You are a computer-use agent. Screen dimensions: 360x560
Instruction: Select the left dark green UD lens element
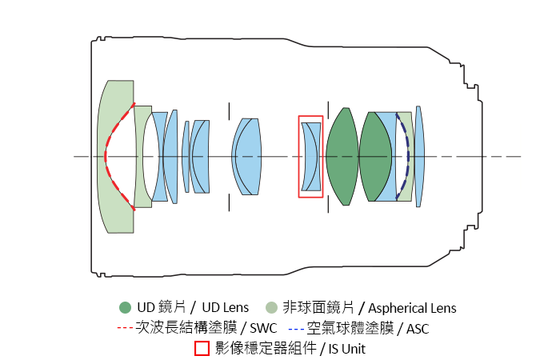pyautogui.click(x=342, y=157)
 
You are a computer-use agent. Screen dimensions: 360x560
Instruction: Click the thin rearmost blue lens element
pyautogui.click(x=419, y=157)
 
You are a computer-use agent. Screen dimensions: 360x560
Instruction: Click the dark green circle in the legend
pyautogui.click(x=125, y=308)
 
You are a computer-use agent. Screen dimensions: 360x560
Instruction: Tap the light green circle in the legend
pyautogui.click(x=272, y=308)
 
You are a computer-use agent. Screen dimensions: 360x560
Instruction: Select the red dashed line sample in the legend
pyautogui.click(x=126, y=328)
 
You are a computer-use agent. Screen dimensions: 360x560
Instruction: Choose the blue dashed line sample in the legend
pyautogui.click(x=297, y=328)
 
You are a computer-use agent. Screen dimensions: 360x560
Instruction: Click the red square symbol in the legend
pyautogui.click(x=202, y=349)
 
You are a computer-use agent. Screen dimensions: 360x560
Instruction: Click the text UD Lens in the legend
pyautogui.click(x=225, y=308)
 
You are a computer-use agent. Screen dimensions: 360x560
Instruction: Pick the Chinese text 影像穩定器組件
pyautogui.click(x=261, y=349)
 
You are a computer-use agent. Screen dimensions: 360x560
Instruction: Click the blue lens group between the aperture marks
pyautogui.click(x=247, y=157)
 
